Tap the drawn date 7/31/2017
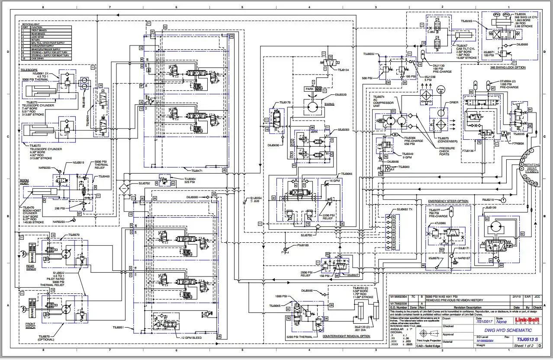point(476,321)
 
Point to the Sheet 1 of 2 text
point(524,346)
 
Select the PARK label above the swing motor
point(309,89)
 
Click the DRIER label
point(453,103)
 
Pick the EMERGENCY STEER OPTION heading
point(448,201)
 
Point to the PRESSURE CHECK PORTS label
point(447,151)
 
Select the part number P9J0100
point(302,245)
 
